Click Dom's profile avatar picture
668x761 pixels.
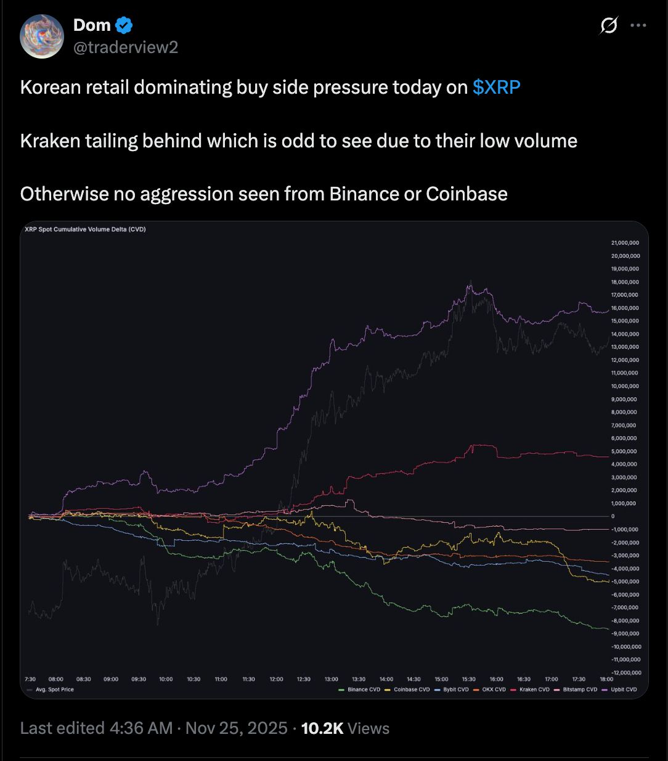pyautogui.click(x=42, y=37)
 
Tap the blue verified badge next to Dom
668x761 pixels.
pyautogui.click(x=124, y=25)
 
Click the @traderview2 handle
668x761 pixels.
pyautogui.click(x=126, y=47)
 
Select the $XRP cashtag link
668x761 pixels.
pyautogui.click(x=496, y=88)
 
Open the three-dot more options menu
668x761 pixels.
pyautogui.click(x=638, y=26)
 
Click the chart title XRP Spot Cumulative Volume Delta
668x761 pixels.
pyautogui.click(x=85, y=229)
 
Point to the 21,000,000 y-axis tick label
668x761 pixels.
pyautogui.click(x=625, y=243)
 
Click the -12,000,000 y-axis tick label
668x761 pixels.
pyautogui.click(x=625, y=673)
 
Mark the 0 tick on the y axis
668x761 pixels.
pyautogui.click(x=613, y=516)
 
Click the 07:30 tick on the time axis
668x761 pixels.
pyautogui.click(x=30, y=679)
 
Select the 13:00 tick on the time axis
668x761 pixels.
pyautogui.click(x=332, y=679)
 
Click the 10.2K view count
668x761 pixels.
pyautogui.click(x=322, y=728)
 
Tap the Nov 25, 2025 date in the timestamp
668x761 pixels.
pyautogui.click(x=236, y=728)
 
